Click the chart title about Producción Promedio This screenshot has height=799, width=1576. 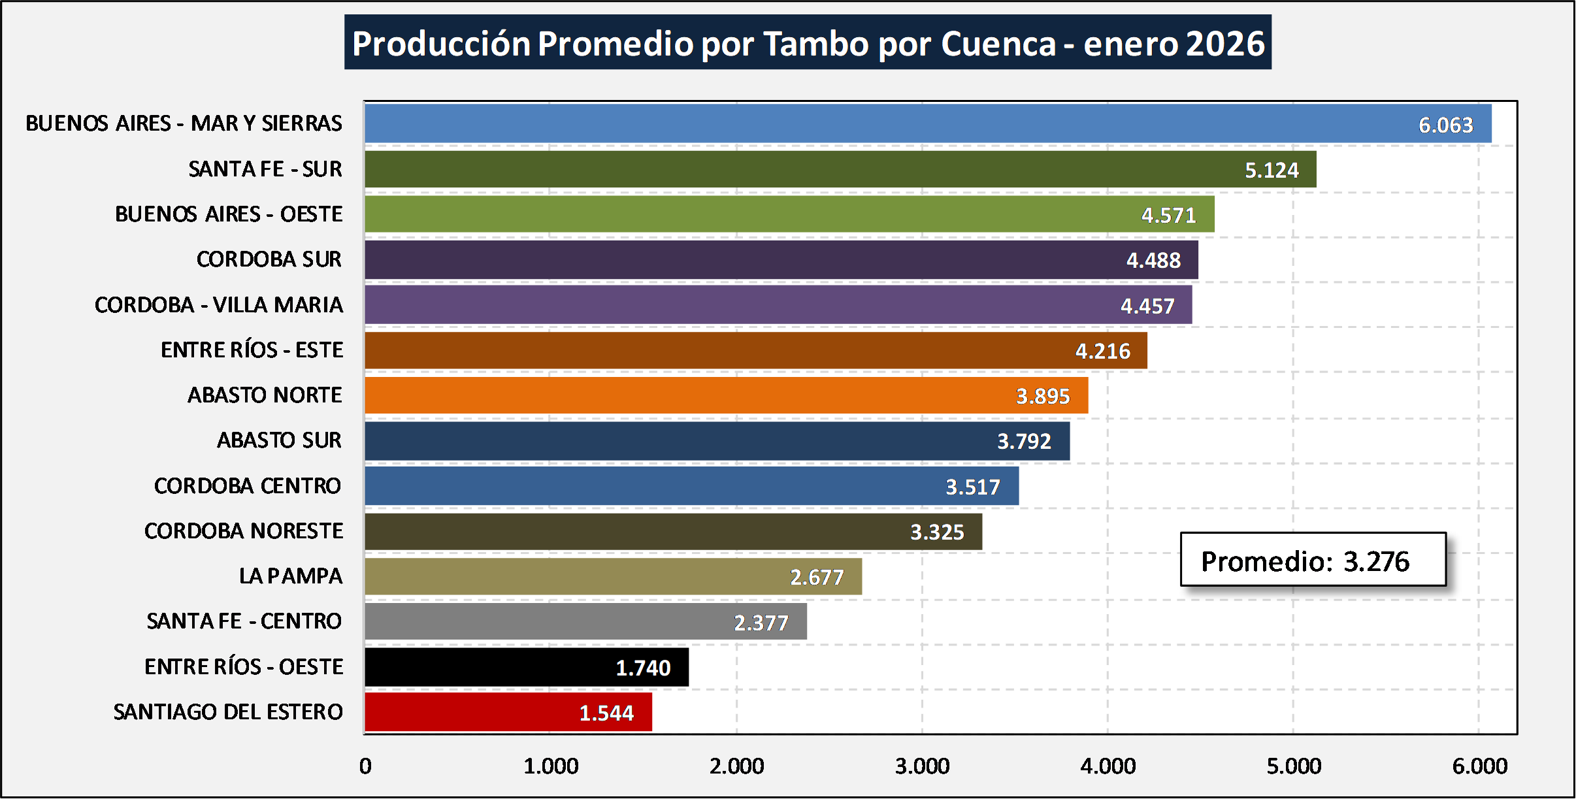[808, 43]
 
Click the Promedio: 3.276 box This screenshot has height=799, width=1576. [1313, 561]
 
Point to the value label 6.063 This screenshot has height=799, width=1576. [1445, 125]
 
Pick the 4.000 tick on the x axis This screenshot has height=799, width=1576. [1108, 766]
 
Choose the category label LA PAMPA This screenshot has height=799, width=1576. [290, 576]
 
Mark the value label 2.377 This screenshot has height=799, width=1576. [761, 623]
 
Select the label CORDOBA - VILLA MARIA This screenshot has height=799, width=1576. [218, 305]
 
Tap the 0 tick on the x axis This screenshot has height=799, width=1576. [365, 766]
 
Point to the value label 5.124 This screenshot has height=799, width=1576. [1272, 171]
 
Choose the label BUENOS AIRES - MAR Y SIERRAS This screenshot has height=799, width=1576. [184, 123]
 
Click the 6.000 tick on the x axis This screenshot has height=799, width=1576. [1479, 766]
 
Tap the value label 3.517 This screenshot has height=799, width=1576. [972, 487]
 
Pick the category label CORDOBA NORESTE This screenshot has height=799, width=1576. [243, 531]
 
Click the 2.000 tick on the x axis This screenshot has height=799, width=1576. [736, 766]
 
